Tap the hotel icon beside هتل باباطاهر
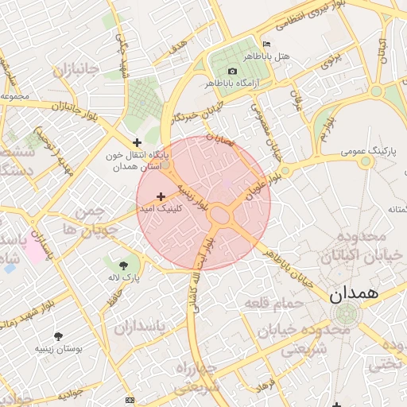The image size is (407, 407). coord(266,44)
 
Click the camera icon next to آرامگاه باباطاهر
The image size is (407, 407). coord(232,72)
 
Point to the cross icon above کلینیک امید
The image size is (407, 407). coord(161,196)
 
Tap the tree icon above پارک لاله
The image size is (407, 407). coord(123,266)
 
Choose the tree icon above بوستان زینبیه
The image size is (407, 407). coord(58,336)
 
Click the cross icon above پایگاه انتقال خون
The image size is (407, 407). coord(138,142)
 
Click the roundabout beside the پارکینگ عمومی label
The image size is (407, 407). coord(366,161)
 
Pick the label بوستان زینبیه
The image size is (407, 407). coord(64,348)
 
